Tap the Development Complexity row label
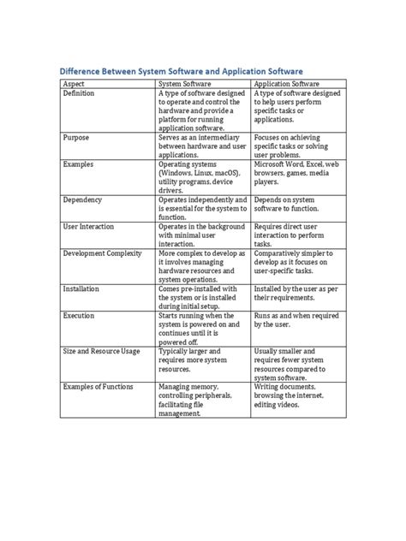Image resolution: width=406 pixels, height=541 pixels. (103, 255)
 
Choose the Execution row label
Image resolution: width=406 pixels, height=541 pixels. (80, 315)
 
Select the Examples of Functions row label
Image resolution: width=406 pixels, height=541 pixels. (98, 387)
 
